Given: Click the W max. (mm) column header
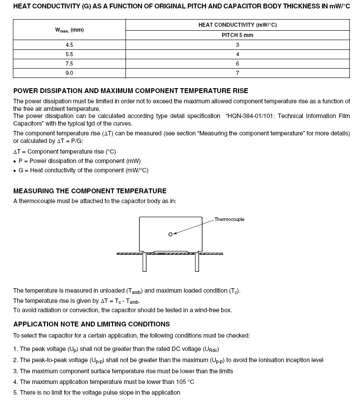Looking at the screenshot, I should pos(69,30).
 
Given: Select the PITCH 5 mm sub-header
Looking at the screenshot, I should pos(237,35).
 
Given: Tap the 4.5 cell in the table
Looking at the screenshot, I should pos(69,45).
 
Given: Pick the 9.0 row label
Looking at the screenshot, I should pos(69,73).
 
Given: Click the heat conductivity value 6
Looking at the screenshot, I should pos(238,64).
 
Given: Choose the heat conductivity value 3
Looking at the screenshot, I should pos(238,45).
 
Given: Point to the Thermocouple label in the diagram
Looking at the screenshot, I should pos(229,219).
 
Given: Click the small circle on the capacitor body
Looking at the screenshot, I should pos(170,234).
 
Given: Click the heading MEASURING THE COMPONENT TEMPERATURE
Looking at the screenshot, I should pos(90,191).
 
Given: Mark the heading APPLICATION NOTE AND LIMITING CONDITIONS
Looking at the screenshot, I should pos(91,324).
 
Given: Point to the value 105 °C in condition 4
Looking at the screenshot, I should pos(183,382).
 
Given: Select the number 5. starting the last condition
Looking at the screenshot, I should pos(16,392).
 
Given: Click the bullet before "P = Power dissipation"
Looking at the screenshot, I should pos(15,161).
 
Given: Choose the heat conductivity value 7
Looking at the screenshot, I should pos(238,73).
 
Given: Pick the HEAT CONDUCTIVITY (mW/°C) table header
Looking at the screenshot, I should pos(237,25).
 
